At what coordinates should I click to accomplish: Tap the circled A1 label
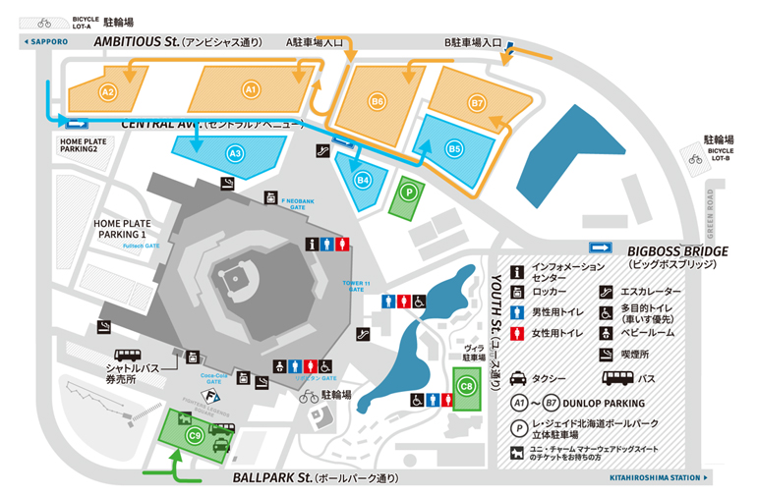[x=251, y=90]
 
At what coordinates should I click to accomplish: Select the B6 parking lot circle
[x=377, y=100]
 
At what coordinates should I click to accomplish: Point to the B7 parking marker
[x=478, y=102]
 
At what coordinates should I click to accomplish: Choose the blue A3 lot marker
[x=234, y=153]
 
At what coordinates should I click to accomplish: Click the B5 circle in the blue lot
[x=454, y=148]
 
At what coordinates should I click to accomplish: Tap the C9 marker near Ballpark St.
[x=195, y=438]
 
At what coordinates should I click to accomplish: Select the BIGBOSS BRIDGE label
[x=676, y=251]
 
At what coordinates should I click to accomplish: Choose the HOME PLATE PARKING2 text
[x=91, y=144]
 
